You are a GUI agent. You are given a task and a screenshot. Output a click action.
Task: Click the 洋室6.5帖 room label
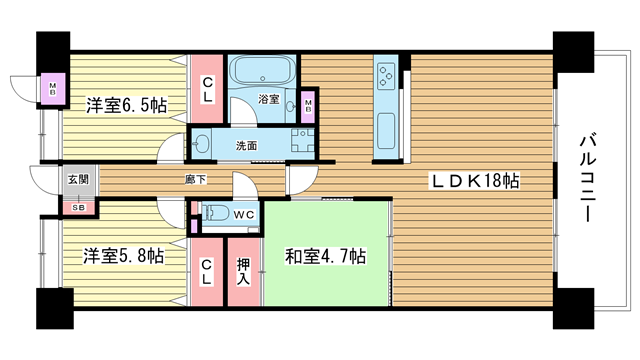[x=126, y=106]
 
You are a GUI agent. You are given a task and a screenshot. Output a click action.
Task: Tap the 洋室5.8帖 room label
[x=124, y=256]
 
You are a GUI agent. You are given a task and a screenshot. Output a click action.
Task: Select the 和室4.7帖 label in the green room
[x=325, y=256]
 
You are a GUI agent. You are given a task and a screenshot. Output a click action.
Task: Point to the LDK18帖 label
[x=475, y=180]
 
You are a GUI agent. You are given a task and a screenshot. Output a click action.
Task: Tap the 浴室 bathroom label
[x=269, y=99]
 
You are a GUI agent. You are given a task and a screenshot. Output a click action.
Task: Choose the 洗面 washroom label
[x=246, y=146]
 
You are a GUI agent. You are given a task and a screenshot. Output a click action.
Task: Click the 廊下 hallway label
[x=196, y=179]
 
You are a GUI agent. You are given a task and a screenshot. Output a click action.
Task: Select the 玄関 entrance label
[x=78, y=179]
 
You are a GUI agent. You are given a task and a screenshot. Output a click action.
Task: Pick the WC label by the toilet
[x=244, y=215]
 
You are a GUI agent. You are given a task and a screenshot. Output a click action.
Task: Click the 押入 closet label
[x=244, y=272]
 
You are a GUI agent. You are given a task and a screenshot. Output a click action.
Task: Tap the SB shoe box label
[x=79, y=207]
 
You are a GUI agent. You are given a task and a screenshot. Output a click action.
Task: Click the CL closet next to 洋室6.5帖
[x=207, y=89]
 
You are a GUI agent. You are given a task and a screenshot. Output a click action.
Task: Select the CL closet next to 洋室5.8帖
[x=207, y=272]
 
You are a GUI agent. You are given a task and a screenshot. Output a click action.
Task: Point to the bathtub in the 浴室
[x=262, y=71]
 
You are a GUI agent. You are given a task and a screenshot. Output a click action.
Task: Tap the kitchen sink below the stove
[x=386, y=131]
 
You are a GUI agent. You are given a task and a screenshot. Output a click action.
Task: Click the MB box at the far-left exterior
[x=53, y=89]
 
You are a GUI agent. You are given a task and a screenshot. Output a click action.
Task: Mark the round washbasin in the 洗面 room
[x=200, y=144]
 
